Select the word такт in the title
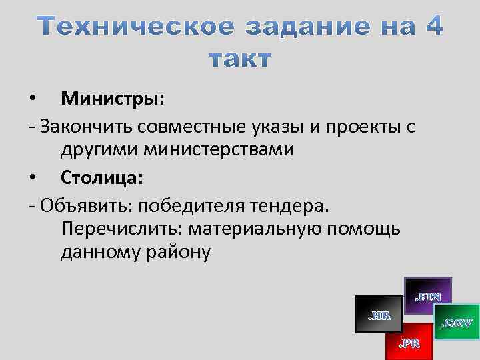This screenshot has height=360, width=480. tap(240, 59)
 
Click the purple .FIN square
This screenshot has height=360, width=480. tap(428, 295)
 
